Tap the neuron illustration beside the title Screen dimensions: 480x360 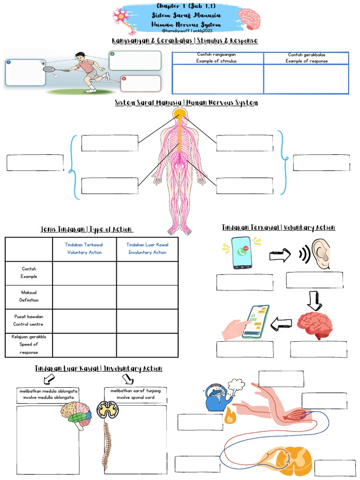pyautogui.click(x=123, y=19)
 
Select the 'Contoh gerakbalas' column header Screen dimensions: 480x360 pyautogui.click(x=307, y=58)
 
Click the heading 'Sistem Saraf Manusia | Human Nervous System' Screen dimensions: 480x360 pyautogui.click(x=186, y=103)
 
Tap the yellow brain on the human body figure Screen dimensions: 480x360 pyautogui.click(x=179, y=113)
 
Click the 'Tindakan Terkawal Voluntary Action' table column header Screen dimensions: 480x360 pyautogui.click(x=84, y=248)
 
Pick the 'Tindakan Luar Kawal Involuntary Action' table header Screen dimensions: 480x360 pyautogui.click(x=147, y=248)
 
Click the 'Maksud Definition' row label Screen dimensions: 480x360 pyautogui.click(x=29, y=296)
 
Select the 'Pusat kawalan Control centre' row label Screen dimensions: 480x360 pyautogui.click(x=29, y=321)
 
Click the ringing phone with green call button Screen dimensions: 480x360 pyautogui.click(x=242, y=253)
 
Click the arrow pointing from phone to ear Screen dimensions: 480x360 pyautogui.click(x=280, y=255)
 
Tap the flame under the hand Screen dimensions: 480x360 pyautogui.click(x=230, y=415)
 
